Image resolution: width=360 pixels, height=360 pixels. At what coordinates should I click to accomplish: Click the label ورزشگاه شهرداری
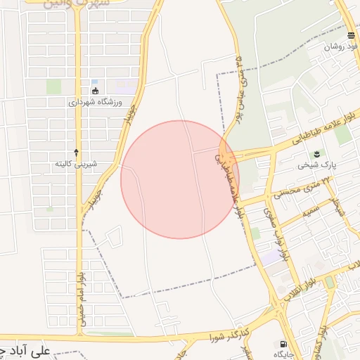coord(96,102)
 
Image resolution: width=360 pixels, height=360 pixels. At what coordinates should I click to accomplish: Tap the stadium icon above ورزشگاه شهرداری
coord(96,91)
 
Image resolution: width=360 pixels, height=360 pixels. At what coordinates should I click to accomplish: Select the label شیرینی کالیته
coord(76,164)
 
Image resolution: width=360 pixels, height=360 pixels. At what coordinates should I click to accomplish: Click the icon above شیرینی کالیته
coord(76,153)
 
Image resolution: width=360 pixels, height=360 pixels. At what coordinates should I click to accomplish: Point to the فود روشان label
coord(341,46)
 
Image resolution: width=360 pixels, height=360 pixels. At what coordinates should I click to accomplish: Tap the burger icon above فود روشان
coord(351,35)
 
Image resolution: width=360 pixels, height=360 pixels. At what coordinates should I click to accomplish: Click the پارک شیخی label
coord(313,166)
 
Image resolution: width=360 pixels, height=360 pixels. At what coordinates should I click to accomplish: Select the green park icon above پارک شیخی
coord(316,155)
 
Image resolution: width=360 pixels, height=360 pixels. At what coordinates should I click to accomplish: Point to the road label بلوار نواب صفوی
coord(273,234)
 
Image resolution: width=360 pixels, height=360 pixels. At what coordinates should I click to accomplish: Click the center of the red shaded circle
coord(180,179)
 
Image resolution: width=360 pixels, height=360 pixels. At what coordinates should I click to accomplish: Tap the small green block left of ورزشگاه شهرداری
coord(54,86)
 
